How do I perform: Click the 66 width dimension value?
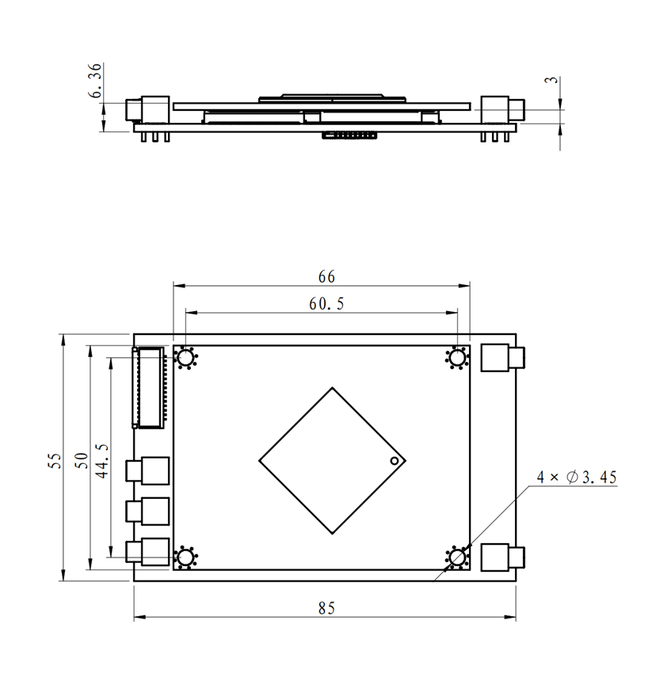click(326, 276)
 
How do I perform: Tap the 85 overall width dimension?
click(326, 608)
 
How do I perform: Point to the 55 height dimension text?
click(54, 461)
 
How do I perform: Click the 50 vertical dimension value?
click(80, 461)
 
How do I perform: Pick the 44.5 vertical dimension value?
click(101, 458)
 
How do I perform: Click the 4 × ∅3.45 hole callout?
click(576, 477)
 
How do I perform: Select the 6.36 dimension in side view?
click(95, 82)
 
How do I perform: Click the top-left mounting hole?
click(185, 359)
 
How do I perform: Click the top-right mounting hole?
click(457, 359)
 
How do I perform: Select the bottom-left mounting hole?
click(185, 558)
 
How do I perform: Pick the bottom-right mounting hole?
click(457, 558)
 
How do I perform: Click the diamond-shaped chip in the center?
click(332, 460)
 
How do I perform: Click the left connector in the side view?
click(148, 111)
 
